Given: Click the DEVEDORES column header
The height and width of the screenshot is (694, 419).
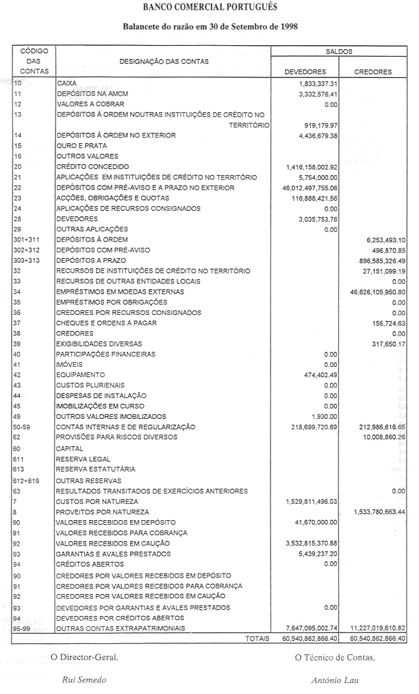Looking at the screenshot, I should [x=304, y=71].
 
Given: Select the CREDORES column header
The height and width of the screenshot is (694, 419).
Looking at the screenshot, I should [x=373, y=71].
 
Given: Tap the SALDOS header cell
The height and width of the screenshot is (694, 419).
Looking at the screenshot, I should [x=340, y=51].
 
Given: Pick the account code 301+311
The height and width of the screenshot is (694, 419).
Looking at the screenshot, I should [x=27, y=240].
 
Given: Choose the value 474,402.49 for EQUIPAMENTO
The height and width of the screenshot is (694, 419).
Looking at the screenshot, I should [x=320, y=375].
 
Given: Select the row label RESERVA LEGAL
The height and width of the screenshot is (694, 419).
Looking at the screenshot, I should [x=84, y=459].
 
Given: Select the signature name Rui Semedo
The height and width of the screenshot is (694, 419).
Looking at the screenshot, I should [x=84, y=680].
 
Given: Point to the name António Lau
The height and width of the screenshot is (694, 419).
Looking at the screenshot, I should [x=334, y=680].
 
